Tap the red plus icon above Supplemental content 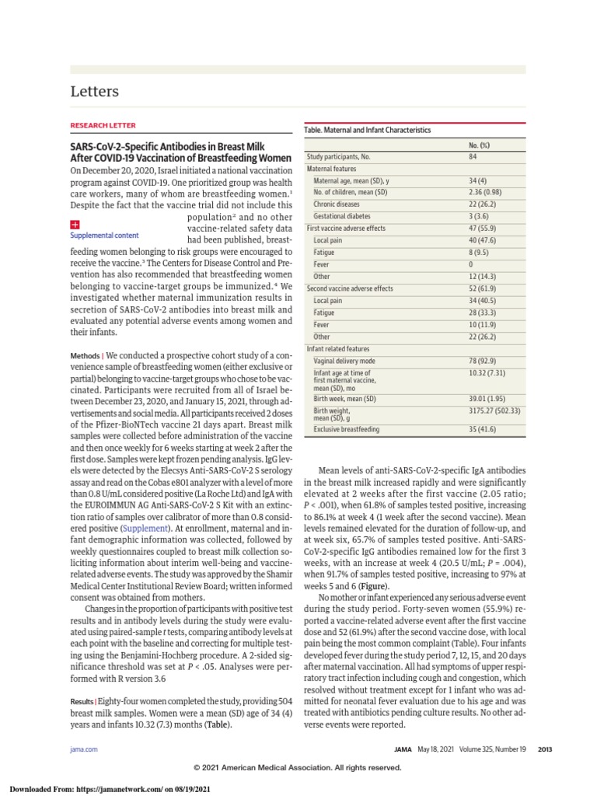click(75, 225)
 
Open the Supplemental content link click(104, 235)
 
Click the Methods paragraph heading click(87, 355)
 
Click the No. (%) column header click(479, 145)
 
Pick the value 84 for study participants click(473, 157)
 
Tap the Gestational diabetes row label click(342, 216)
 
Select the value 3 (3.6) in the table click(479, 216)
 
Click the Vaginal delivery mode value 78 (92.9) click(484, 361)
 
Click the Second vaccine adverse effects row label click(350, 288)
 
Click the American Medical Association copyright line click(298, 767)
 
